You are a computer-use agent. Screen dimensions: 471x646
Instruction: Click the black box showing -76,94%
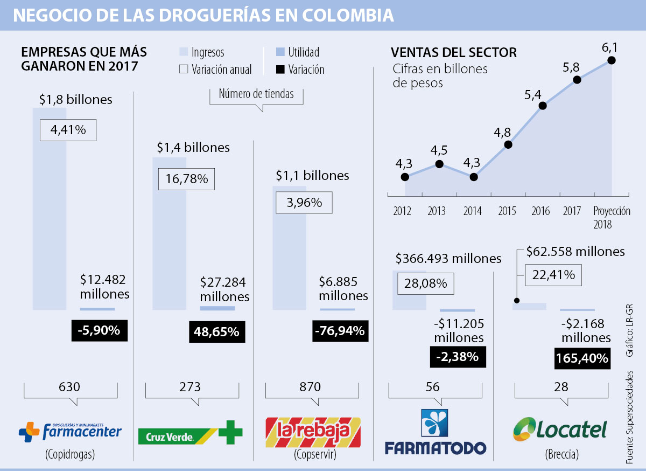(341, 330)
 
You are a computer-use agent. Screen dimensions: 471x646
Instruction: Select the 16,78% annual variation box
(186, 179)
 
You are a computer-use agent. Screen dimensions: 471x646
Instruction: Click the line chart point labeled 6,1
(612, 60)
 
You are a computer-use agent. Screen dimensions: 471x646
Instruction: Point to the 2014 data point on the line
(474, 177)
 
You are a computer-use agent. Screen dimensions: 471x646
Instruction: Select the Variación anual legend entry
(215, 70)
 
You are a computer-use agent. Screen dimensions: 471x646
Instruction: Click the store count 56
(432, 386)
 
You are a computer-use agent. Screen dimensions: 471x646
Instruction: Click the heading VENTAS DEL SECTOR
(453, 52)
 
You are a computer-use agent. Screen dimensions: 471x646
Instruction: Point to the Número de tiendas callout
(256, 94)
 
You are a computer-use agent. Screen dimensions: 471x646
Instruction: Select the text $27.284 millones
(224, 289)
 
